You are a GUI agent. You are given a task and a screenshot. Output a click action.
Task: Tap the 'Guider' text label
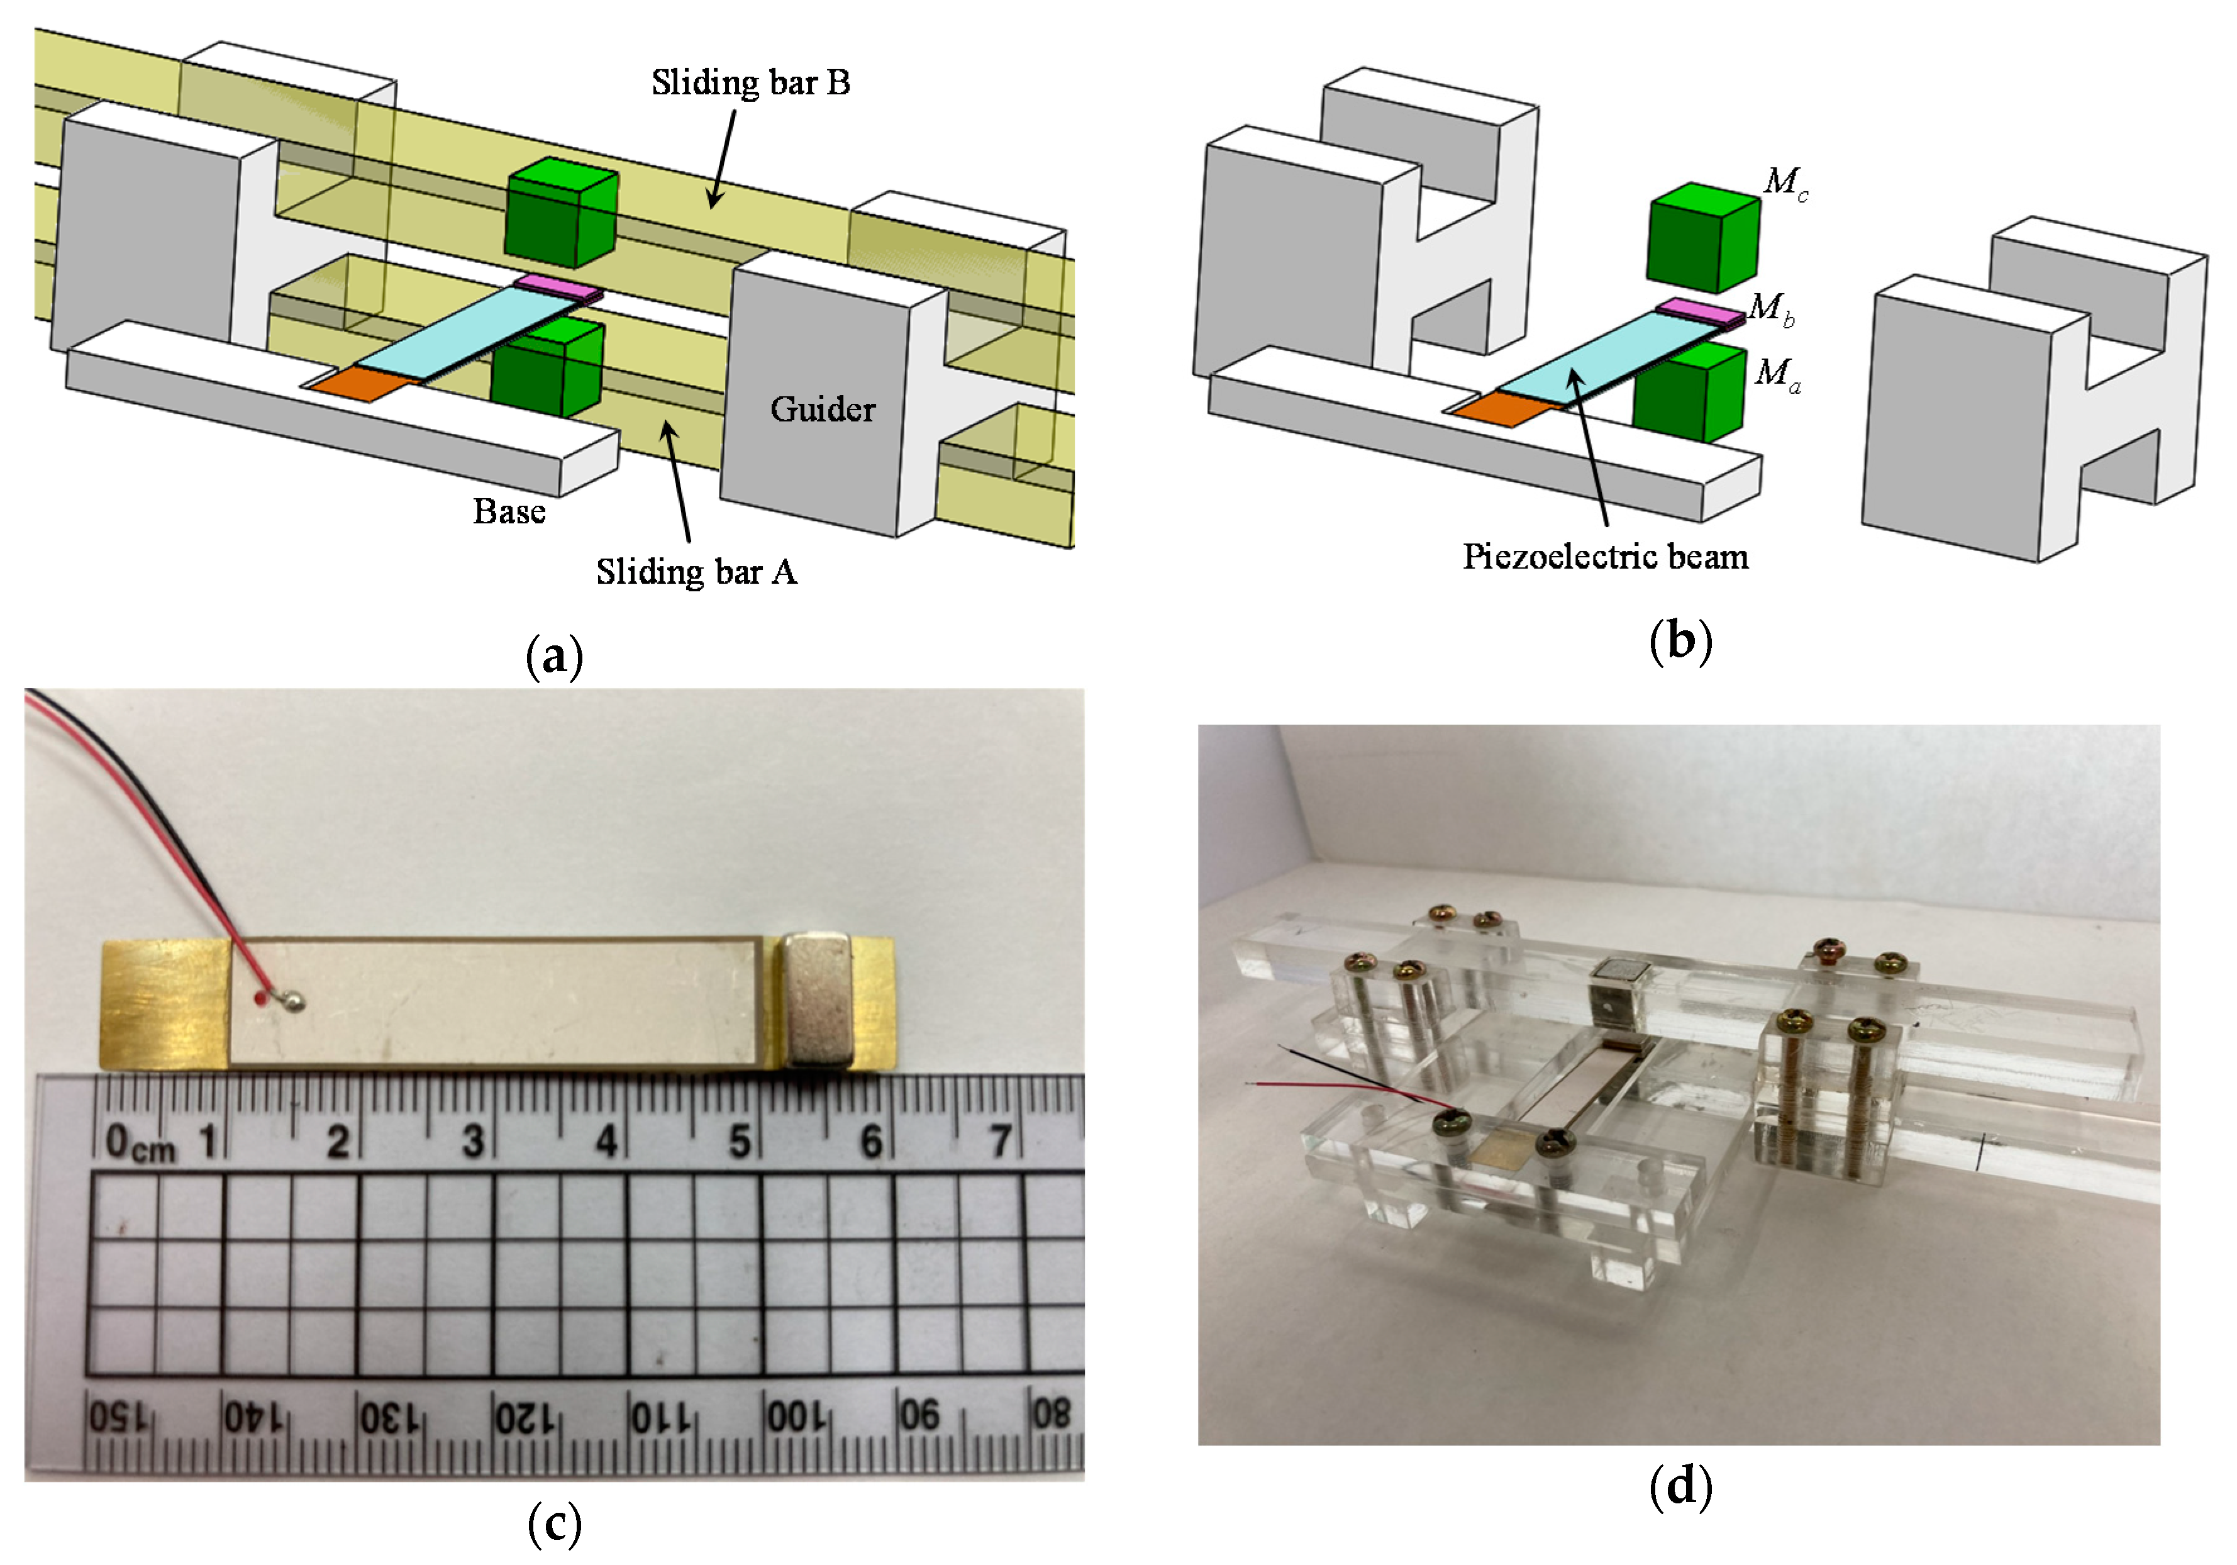[x=823, y=409]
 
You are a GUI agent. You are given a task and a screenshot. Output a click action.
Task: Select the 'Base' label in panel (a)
[x=509, y=511]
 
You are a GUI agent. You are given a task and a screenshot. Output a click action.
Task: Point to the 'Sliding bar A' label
[x=697, y=572]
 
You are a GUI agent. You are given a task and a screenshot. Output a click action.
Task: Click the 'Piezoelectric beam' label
[x=1605, y=557]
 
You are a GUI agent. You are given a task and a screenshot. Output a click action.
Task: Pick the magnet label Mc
[x=1785, y=182]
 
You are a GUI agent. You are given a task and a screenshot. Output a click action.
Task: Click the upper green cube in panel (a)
[x=561, y=214]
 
